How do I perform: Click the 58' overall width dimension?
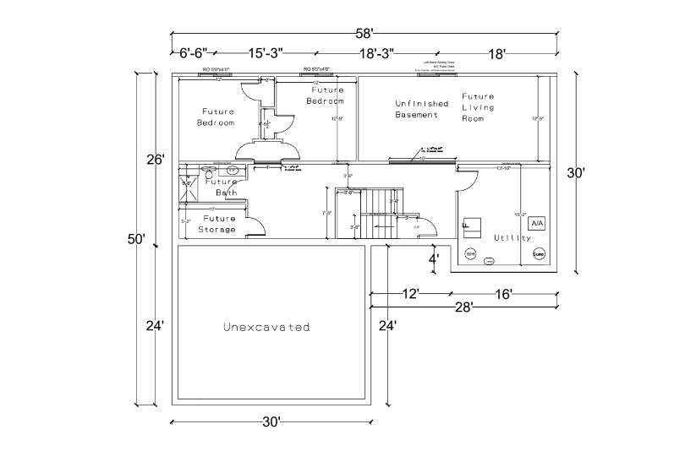(x=364, y=34)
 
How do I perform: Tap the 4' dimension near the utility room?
(x=434, y=259)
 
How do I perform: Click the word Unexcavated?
(x=266, y=327)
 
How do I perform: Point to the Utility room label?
(x=512, y=237)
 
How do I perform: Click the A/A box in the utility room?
(x=538, y=223)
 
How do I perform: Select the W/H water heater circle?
(x=470, y=253)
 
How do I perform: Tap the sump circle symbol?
(x=538, y=253)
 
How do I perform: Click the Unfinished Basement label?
(x=421, y=109)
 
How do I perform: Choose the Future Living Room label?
(x=478, y=107)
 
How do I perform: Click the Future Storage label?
(x=218, y=224)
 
